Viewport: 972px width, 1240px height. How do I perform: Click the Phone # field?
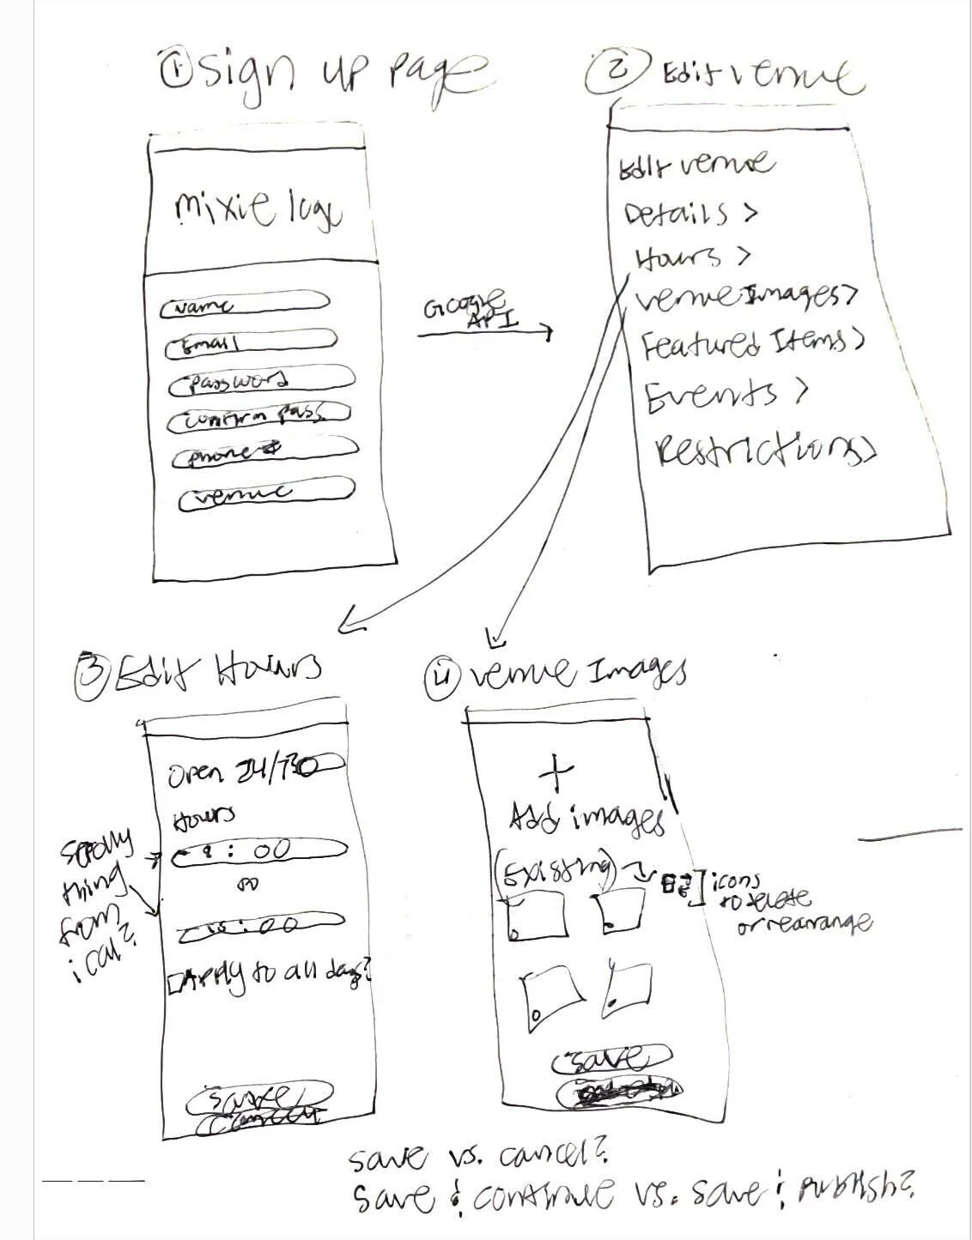264,453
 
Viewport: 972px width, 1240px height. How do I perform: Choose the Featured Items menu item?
751,343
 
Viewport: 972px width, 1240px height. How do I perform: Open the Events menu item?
726,395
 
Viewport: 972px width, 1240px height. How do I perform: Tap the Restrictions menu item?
764,450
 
